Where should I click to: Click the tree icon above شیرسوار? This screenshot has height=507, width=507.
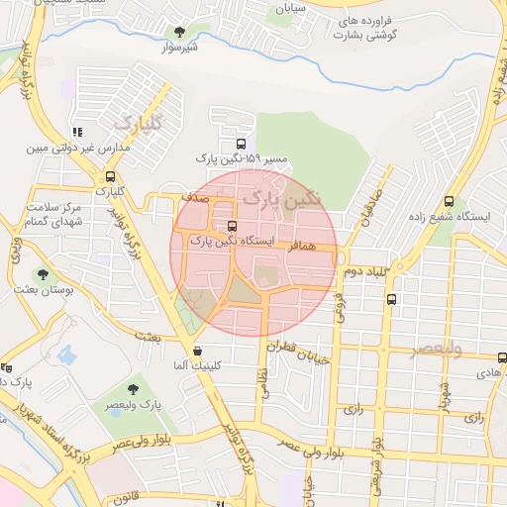point(178,32)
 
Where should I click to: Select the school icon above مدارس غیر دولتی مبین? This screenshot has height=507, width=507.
point(77,132)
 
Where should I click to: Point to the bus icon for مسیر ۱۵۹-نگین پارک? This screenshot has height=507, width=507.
point(242,144)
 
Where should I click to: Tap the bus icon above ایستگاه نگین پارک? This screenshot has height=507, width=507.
point(233,226)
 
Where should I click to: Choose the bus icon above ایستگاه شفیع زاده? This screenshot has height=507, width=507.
point(449,202)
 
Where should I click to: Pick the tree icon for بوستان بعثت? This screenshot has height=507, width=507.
point(42,274)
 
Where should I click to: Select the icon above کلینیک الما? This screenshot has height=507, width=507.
point(198,351)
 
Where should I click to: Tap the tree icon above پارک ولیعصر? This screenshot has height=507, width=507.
point(134,389)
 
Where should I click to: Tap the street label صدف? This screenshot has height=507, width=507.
point(192,197)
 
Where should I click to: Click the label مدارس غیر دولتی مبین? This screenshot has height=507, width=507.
point(63,149)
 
